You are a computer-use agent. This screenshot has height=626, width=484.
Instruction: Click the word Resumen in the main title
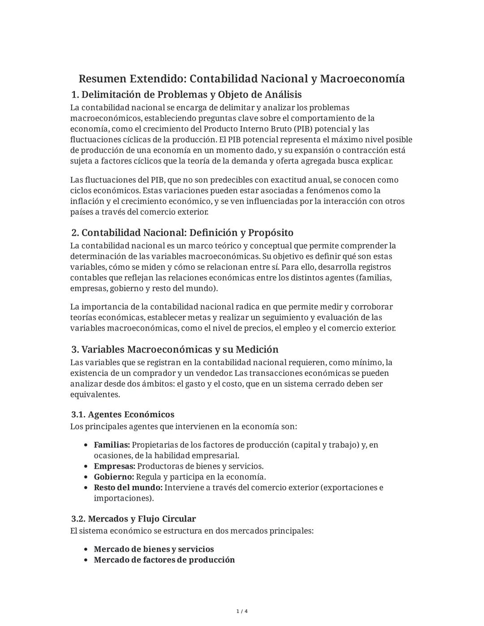pos(102,79)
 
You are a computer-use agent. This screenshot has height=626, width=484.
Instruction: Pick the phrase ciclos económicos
pos(105,190)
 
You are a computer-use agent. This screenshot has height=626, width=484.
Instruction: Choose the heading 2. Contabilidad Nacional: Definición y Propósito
pos(182,233)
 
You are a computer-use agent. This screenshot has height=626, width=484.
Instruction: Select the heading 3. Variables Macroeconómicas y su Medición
pos(175,349)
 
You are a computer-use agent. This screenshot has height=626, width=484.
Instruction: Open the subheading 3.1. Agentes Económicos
pos(123,414)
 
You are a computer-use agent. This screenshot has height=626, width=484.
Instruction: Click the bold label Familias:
pos(112,445)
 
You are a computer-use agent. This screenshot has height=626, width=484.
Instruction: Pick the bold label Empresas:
pos(114,466)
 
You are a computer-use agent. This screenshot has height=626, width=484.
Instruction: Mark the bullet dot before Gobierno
pos(86,477)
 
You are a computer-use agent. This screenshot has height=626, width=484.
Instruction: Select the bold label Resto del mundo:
pos(128,488)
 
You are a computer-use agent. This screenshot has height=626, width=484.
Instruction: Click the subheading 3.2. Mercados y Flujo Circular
pos(134,519)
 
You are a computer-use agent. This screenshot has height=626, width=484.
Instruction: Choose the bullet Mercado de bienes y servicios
pos(154,549)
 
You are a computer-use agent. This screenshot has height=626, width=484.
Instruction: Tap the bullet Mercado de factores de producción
pos(164,560)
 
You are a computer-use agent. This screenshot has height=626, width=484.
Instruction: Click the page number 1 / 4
pos(242,611)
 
